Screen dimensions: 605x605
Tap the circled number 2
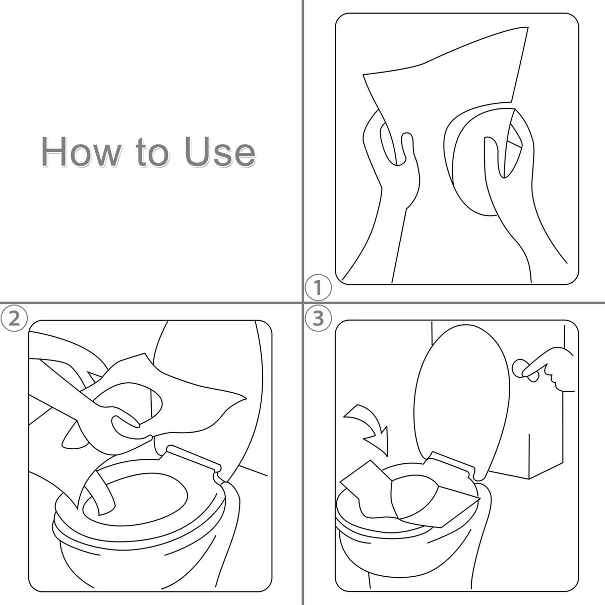point(14,318)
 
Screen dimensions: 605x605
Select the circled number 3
point(318,318)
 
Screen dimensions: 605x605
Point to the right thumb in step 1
point(492,157)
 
